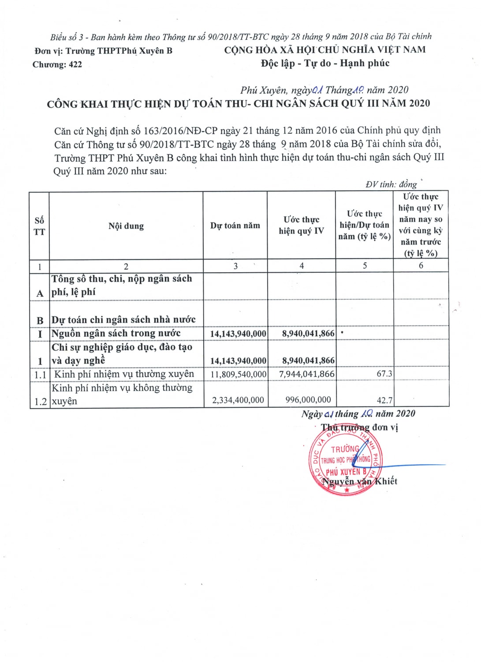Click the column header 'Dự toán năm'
[235, 226]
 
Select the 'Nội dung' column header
[126, 226]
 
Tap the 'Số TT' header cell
[39, 226]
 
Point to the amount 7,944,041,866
[307, 374]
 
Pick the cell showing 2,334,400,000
[238, 400]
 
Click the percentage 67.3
[384, 374]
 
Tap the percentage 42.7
[384, 400]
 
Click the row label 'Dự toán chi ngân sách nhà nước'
[123, 320]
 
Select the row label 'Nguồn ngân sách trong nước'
[116, 333]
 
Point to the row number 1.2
[41, 402]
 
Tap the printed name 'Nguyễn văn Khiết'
[360, 481]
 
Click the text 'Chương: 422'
[57, 64]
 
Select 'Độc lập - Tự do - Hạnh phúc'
[325, 63]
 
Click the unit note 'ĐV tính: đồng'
[391, 184]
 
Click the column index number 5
[365, 266]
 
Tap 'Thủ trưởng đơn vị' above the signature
[359, 427]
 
